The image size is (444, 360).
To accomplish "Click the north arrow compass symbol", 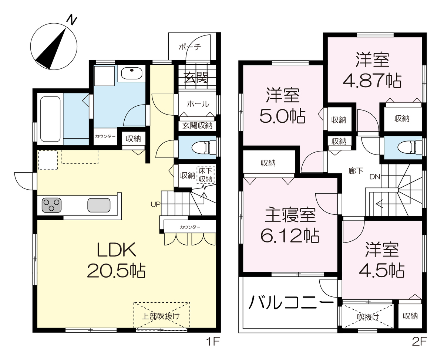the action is (x=54, y=46).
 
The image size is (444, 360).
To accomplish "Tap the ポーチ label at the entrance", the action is (x=190, y=47).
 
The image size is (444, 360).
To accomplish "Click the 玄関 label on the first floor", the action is (x=196, y=78).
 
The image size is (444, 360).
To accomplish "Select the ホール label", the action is (x=198, y=103).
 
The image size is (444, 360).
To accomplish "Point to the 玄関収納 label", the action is (x=197, y=125).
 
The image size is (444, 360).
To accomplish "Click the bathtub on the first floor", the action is (x=50, y=119).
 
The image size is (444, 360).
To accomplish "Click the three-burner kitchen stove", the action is (x=51, y=205).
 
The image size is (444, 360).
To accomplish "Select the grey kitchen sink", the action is (x=99, y=205).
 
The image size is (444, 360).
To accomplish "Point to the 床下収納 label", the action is (x=205, y=175).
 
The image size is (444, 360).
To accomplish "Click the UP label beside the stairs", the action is (x=155, y=204).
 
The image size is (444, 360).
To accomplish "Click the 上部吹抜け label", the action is (x=161, y=316).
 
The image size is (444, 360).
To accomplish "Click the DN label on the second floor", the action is (x=375, y=177).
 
